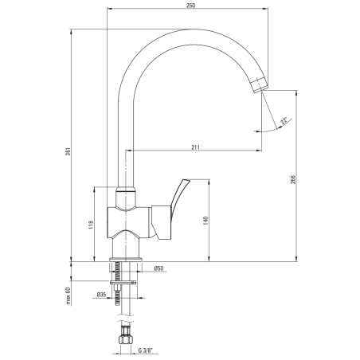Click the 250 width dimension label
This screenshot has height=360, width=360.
pyautogui.click(x=190, y=6)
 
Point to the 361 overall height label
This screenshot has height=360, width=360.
pyautogui.click(x=68, y=151)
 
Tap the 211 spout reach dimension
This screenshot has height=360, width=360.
pyautogui.click(x=195, y=147)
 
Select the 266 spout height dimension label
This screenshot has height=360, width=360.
pyautogui.click(x=293, y=180)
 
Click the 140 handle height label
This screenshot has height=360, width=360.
pyautogui.click(x=205, y=221)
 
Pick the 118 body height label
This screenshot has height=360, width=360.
pyautogui.click(x=91, y=225)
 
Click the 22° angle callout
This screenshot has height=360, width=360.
pyautogui.click(x=284, y=121)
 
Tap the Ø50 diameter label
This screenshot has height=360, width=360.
pyautogui.click(x=158, y=268)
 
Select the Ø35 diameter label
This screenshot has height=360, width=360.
pyautogui.click(x=101, y=295)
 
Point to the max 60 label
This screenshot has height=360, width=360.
pyautogui.click(x=68, y=296)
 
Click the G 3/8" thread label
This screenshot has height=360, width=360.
pyautogui.click(x=146, y=350)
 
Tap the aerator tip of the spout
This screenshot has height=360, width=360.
pyautogui.click(x=260, y=85)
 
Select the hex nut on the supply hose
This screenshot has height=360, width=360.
pyautogui.click(x=126, y=340)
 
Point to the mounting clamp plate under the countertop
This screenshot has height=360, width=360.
pyautogui.click(x=123, y=282)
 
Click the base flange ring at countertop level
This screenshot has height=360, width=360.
pyautogui.click(x=125, y=260)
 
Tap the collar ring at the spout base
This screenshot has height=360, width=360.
pyautogui.click(x=126, y=189)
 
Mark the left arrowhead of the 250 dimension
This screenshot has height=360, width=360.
pyautogui.click(x=109, y=9)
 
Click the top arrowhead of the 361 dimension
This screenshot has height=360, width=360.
pyautogui.click(x=71, y=31)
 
